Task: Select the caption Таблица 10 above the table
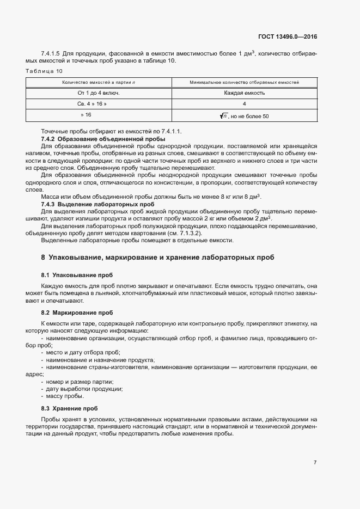tap(44, 71)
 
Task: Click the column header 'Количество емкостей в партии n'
tap(99, 82)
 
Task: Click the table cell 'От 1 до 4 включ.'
tap(99, 93)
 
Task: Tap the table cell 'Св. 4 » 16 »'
tap(91, 103)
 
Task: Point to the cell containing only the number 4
tap(244, 103)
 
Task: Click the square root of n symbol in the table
tap(223, 116)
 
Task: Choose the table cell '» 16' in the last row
tap(86, 115)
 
